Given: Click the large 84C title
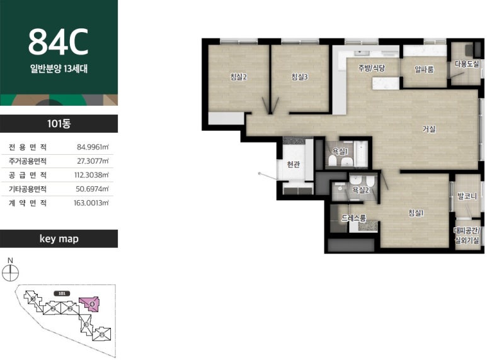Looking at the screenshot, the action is click(x=59, y=42).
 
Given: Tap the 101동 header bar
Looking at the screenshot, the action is click(x=59, y=123).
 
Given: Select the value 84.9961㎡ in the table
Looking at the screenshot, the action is click(x=93, y=147).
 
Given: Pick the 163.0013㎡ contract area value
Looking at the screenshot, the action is click(x=91, y=203).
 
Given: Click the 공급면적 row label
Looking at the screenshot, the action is click(x=28, y=175).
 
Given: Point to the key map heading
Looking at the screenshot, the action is click(x=59, y=239).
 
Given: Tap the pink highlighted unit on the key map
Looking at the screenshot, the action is click(x=90, y=304).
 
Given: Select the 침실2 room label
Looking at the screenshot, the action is click(x=238, y=77).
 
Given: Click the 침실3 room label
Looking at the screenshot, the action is click(x=299, y=77).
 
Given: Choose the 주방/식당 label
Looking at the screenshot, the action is click(x=372, y=67).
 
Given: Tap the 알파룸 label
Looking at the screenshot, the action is click(x=424, y=69).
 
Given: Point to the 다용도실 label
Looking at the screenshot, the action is click(x=467, y=64).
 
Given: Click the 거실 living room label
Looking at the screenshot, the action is click(x=429, y=129).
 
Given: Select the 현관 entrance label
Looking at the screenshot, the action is click(x=293, y=164).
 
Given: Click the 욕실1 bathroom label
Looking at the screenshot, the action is click(x=340, y=152).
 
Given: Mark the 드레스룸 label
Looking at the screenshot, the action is click(x=354, y=218).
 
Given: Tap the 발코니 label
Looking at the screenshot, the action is click(x=467, y=196).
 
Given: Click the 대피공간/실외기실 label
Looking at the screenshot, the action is click(x=467, y=235).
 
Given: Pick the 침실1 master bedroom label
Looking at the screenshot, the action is click(x=416, y=213).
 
